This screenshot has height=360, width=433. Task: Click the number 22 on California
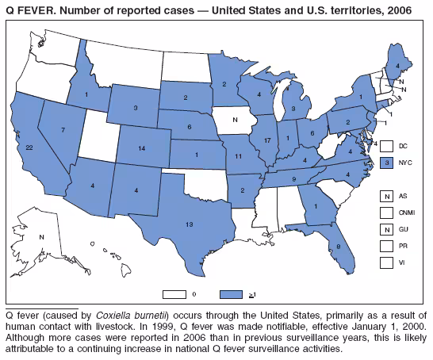click(29, 147)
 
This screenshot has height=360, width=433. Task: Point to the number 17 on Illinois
click(266, 140)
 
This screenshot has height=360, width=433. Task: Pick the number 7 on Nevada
click(62, 128)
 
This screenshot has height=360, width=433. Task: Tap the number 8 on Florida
click(338, 247)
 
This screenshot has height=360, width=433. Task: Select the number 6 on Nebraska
click(190, 127)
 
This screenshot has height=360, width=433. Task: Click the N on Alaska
click(41, 237)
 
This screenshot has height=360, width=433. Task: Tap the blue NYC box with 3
click(385, 162)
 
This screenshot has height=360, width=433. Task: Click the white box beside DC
click(385, 146)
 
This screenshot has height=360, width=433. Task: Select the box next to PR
click(385, 245)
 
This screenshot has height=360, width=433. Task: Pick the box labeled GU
click(385, 228)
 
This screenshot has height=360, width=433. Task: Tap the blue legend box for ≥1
click(232, 294)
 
